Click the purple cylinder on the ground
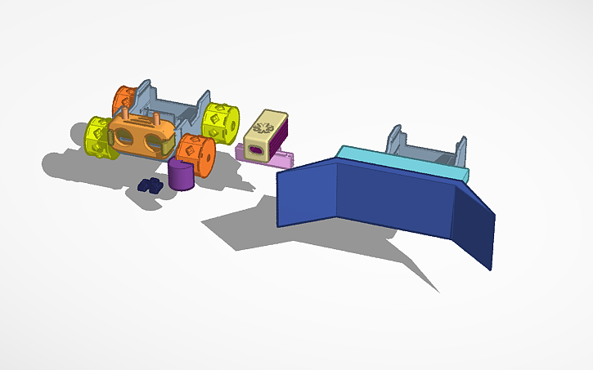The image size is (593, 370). pyautogui.click(x=181, y=176)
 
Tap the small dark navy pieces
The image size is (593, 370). pyautogui.click(x=150, y=185)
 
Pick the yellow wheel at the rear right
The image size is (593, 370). pyautogui.click(x=220, y=121)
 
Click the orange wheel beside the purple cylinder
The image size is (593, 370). pyautogui.click(x=195, y=154)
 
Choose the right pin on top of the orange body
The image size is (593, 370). pyautogui.click(x=153, y=118)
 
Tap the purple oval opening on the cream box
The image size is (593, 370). pyautogui.click(x=255, y=151)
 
